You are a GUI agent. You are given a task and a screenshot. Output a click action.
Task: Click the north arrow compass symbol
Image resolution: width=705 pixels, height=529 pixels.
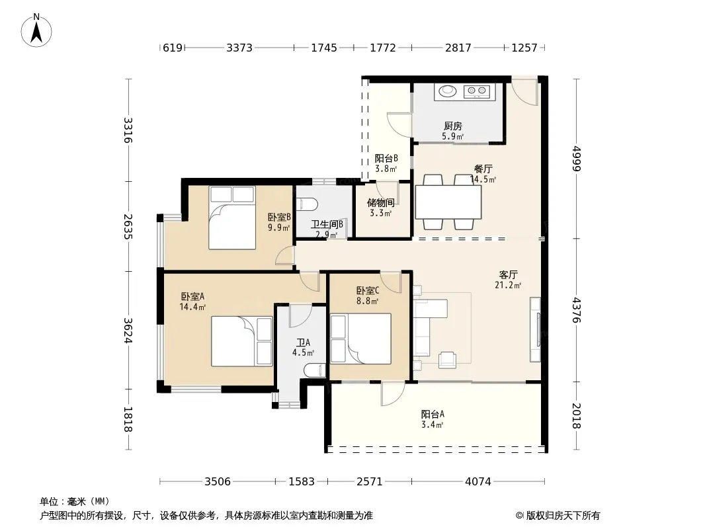coord(36,30)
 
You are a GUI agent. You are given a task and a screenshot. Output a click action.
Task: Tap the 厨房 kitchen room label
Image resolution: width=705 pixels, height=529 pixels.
coord(453,126)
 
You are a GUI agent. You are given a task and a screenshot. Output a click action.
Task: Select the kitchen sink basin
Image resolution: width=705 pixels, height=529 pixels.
coord(447,91)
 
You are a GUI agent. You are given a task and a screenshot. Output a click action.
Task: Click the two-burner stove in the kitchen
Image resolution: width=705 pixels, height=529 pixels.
coord(477,91)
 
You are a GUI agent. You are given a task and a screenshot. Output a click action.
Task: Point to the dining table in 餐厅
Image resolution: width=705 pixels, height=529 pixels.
coord(448,202)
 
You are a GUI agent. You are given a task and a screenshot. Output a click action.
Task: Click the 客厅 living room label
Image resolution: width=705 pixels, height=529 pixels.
coord(508,274)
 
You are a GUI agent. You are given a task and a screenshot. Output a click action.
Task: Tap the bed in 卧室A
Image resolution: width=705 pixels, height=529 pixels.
coord(242,342)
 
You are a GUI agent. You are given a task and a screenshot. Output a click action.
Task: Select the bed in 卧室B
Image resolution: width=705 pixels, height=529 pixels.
coord(232,218)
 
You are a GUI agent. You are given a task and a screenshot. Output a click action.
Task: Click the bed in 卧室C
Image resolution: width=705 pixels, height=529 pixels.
coord(360,339)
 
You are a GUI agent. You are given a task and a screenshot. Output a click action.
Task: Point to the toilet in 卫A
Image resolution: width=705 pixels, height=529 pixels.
coord(314,370)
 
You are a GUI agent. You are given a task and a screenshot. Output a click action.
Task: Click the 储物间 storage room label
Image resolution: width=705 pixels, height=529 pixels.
coord(381,202)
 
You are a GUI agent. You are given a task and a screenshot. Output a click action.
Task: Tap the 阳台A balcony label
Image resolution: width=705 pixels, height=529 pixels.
coord(433,414)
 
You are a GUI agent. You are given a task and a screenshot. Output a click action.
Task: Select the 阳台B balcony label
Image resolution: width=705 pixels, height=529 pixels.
coord(386,158)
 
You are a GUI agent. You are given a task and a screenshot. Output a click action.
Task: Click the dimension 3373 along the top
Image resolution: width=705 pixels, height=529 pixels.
coord(239,48)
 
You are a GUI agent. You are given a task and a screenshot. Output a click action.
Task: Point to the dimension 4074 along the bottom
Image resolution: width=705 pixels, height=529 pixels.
coord(478,482)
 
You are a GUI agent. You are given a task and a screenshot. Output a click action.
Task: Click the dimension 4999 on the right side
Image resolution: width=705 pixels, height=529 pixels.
coord(577,159)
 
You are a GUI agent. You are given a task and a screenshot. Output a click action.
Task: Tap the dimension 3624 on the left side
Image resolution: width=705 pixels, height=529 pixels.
coord(128,331)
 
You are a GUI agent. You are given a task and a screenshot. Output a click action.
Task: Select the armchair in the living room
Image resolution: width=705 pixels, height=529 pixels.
coord(448,360)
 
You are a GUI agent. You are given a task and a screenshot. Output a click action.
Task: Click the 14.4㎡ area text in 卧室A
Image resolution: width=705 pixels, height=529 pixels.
coord(192,307)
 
